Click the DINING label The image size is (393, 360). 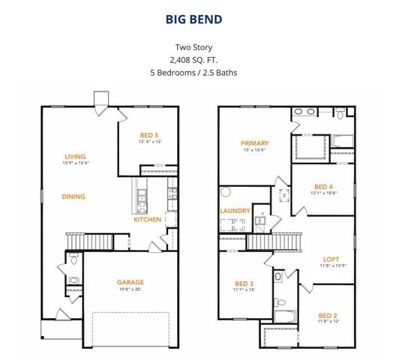[73, 197]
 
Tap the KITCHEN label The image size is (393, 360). [147, 220]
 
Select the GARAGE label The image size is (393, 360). [130, 283]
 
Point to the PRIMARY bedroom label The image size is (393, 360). [254, 142]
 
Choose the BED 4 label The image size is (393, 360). [324, 187]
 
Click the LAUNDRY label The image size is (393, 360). [235, 211]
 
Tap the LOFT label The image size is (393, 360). [331, 258]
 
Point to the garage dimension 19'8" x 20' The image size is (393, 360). [130, 290]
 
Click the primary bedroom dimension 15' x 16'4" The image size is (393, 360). [254, 150]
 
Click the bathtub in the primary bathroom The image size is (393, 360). [341, 140]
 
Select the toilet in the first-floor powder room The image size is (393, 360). [73, 259]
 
